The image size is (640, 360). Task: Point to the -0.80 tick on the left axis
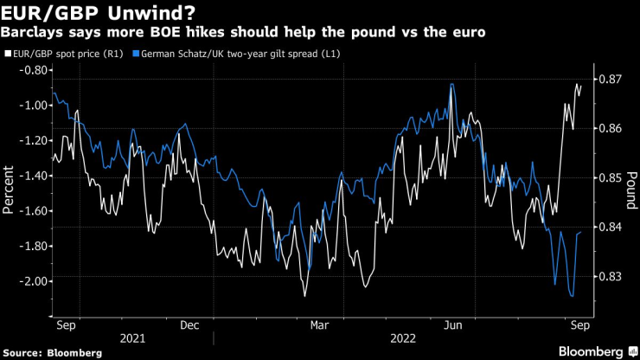[x=30, y=70]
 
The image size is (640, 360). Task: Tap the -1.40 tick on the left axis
[x=30, y=176]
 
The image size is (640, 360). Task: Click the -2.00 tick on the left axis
[x=30, y=281]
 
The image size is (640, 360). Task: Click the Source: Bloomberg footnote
[x=52, y=353]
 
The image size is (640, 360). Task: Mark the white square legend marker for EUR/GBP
[x=7, y=53]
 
